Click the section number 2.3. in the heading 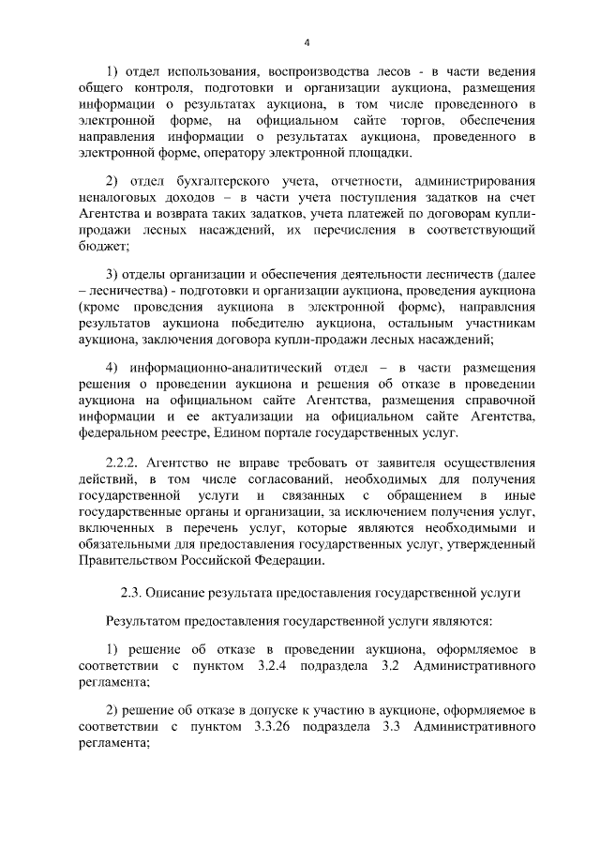pyautogui.click(x=132, y=594)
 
